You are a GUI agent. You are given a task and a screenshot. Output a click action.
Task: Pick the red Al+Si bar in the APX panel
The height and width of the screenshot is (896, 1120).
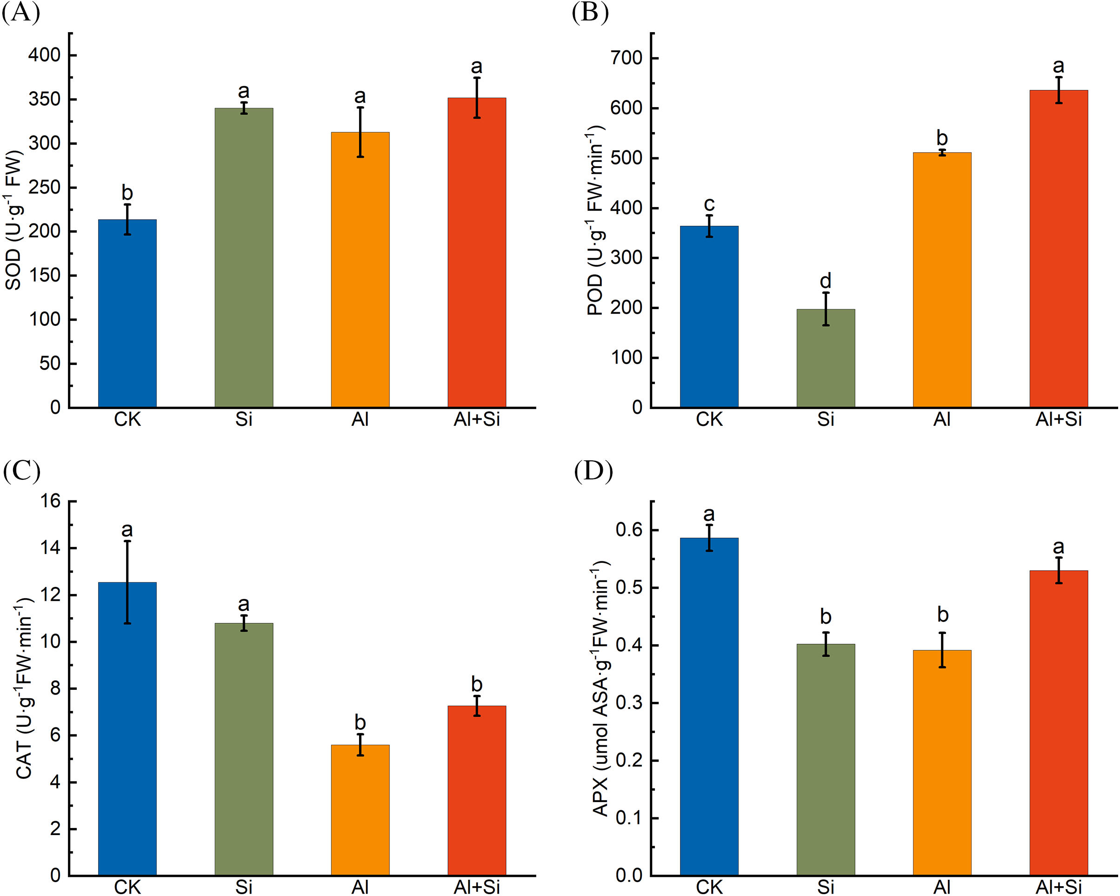(x=1058, y=722)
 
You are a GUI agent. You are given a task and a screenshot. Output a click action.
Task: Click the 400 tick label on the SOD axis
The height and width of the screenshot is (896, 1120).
(x=44, y=54)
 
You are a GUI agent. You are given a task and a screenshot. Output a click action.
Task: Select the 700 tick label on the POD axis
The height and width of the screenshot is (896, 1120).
(x=627, y=58)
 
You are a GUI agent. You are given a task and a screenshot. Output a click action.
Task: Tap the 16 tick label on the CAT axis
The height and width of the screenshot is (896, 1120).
(x=51, y=501)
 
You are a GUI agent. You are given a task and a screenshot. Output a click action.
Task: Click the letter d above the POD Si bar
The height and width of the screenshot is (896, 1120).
(x=826, y=281)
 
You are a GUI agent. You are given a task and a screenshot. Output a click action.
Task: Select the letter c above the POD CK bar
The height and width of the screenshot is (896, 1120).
(x=709, y=204)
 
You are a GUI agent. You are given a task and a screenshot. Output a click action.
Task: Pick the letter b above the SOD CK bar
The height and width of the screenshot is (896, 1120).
(x=127, y=193)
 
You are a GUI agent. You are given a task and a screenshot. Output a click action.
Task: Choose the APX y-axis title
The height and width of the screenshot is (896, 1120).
(x=600, y=688)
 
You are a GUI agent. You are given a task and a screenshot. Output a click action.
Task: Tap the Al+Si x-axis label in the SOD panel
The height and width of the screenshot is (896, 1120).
(x=476, y=419)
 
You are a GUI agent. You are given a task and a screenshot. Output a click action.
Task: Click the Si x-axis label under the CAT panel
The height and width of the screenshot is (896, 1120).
(x=244, y=887)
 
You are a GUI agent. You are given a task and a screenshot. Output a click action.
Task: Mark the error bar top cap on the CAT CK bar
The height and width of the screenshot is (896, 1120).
(x=127, y=541)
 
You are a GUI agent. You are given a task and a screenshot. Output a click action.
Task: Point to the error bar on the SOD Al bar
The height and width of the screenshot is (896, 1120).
(x=360, y=132)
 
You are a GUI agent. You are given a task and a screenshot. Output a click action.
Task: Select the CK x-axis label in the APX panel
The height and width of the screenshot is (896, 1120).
(x=709, y=887)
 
